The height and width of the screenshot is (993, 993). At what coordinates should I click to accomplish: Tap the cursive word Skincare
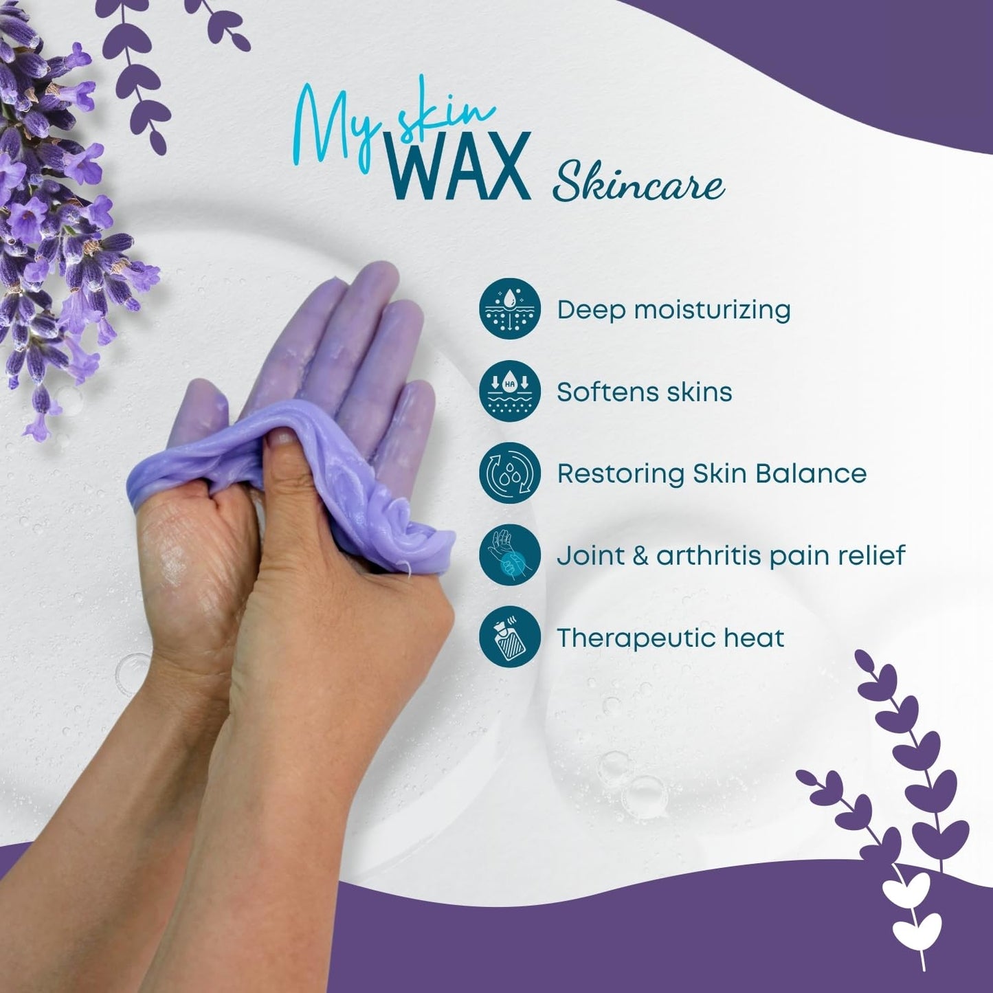click(639, 183)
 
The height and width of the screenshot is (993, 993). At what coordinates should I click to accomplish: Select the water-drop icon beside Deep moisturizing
click(510, 309)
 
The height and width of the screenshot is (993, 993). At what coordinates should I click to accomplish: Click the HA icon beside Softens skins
click(510, 390)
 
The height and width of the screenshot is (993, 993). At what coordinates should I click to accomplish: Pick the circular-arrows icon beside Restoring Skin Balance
click(510, 473)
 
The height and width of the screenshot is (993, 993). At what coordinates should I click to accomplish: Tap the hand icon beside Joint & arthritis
click(510, 555)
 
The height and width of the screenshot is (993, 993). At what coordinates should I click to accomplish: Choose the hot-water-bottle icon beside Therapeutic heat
click(510, 637)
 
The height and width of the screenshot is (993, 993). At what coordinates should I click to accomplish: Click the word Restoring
click(621, 473)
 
